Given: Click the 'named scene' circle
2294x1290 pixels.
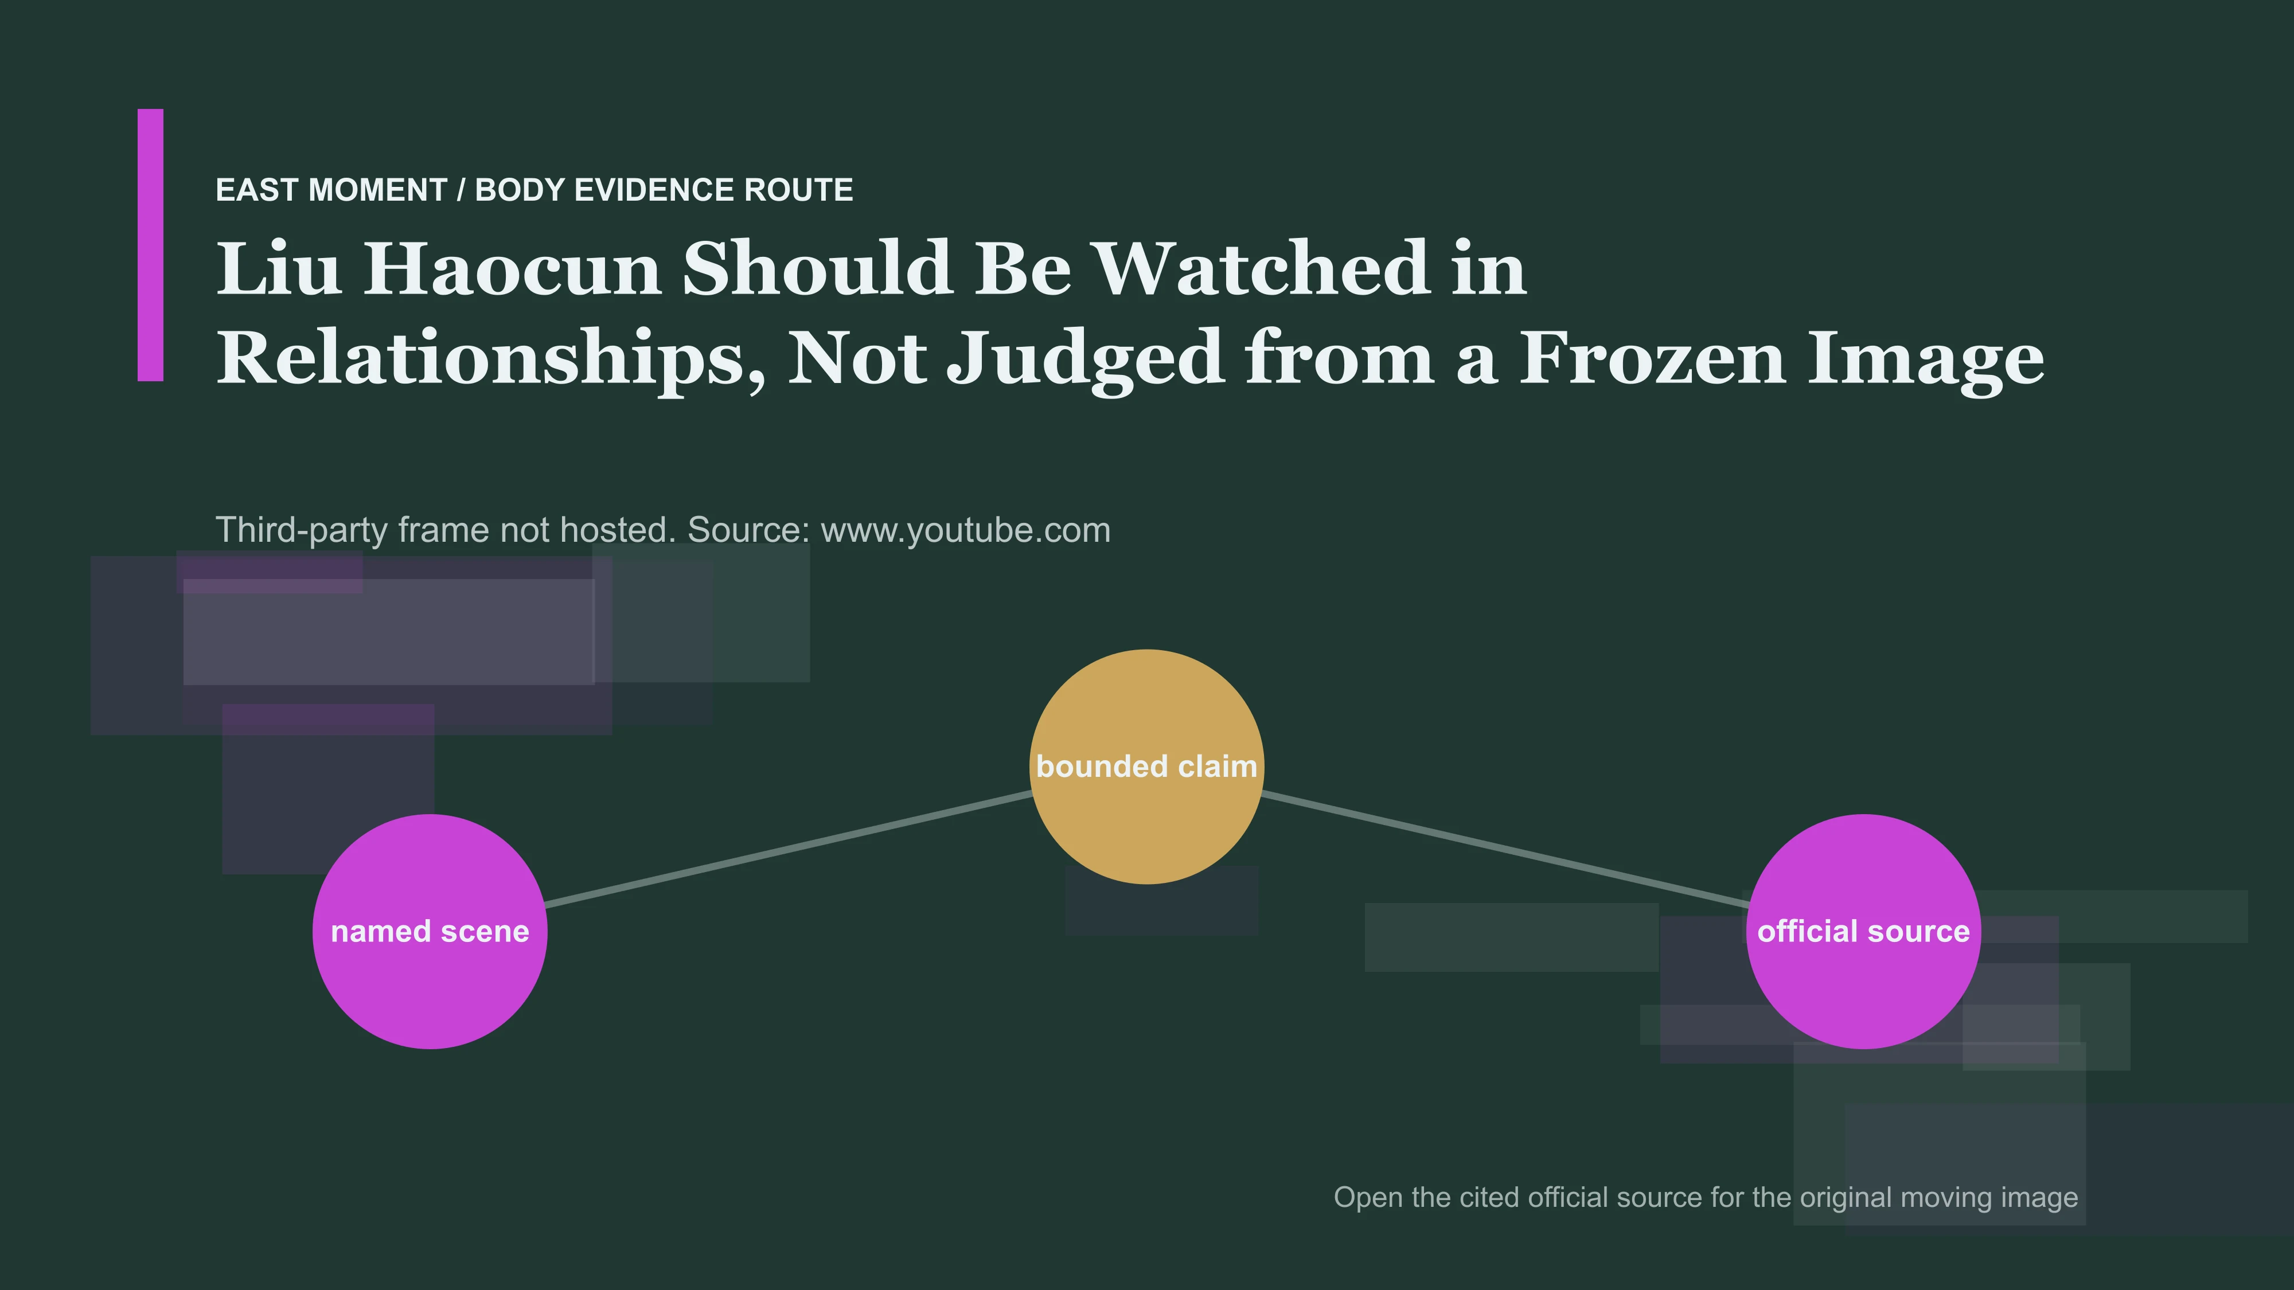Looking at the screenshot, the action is (430, 931).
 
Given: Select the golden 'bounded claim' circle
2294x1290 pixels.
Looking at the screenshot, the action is (1147, 767).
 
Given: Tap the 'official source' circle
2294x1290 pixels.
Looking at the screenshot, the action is (1864, 931).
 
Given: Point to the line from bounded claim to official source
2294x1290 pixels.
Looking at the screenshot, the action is (1505, 849).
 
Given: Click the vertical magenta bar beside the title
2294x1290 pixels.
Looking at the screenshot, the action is (150, 245).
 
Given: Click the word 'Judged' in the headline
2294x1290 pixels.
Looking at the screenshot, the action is (1084, 359).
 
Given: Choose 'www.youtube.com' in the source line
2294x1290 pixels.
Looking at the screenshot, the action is (965, 530).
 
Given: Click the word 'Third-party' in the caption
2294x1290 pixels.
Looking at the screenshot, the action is (302, 530).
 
